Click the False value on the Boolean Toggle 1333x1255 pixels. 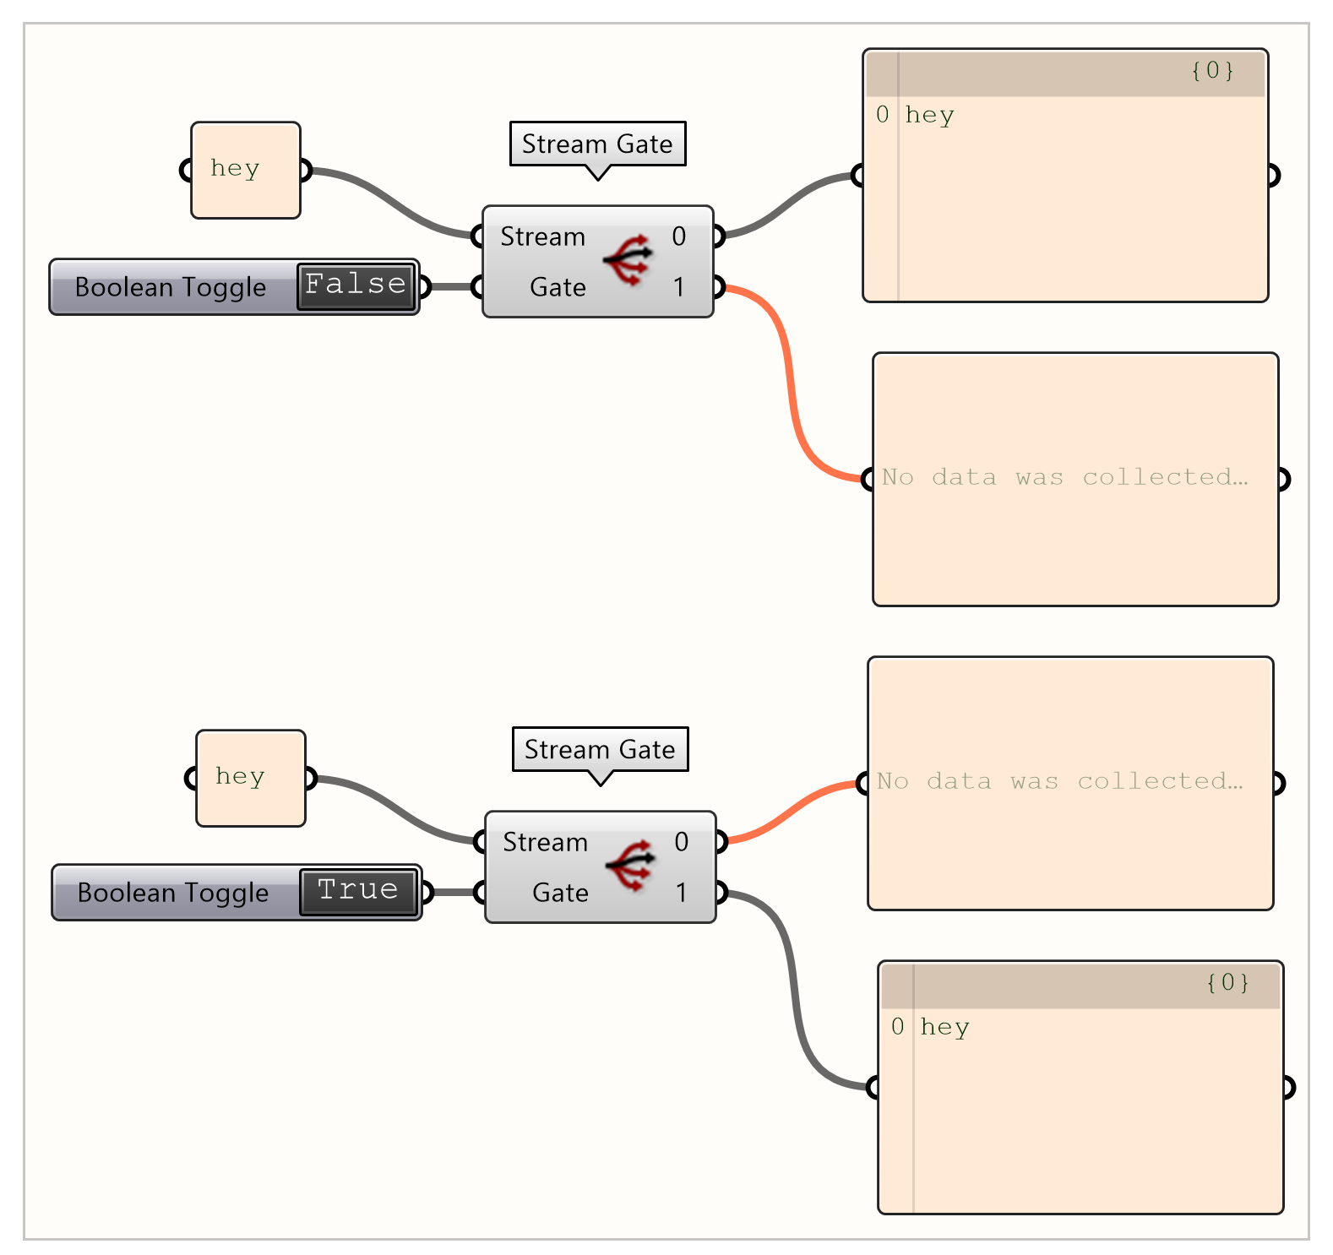tap(356, 285)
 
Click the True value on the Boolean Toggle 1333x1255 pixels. tap(358, 891)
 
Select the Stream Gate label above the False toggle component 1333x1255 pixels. tap(597, 144)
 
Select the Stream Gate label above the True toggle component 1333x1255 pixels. tap(600, 749)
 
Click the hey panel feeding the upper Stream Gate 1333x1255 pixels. tap(245, 170)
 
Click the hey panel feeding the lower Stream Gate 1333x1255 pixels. tap(250, 778)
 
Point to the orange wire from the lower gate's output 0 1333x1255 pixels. tap(790, 811)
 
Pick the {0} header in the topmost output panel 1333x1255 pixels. tap(1212, 71)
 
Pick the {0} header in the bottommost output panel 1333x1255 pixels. tap(1227, 983)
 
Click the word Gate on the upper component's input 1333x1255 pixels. tap(558, 287)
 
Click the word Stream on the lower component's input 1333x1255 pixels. tap(545, 842)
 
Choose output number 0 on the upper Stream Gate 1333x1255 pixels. tap(679, 236)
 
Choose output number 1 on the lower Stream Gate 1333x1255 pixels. tap(682, 893)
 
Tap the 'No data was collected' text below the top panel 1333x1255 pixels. tap(1064, 478)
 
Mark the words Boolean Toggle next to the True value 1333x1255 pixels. tap(173, 893)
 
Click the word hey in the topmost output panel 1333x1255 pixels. tap(929, 115)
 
